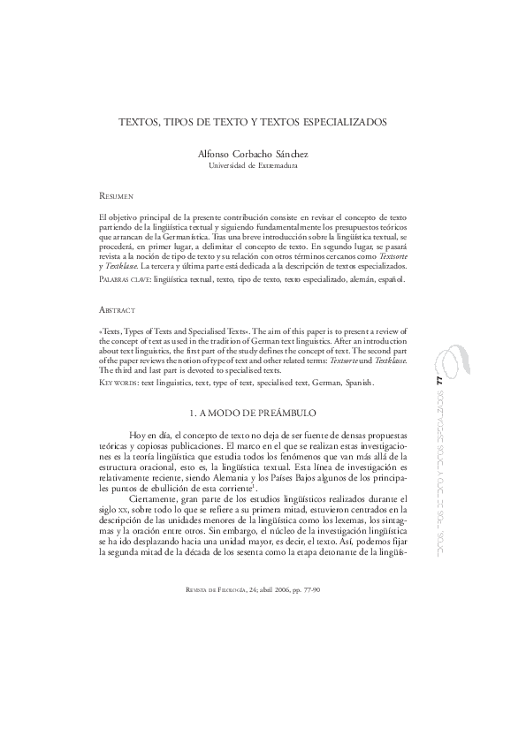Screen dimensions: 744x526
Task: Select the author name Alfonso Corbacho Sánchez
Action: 253,154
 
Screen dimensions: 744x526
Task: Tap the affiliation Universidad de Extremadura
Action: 252,166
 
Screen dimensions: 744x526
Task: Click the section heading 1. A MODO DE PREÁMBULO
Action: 253,414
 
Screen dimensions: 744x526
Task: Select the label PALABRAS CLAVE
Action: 124,278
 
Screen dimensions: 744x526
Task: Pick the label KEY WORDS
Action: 119,383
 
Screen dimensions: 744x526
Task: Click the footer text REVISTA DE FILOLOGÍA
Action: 209,588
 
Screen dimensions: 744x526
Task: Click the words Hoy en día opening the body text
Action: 149,437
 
